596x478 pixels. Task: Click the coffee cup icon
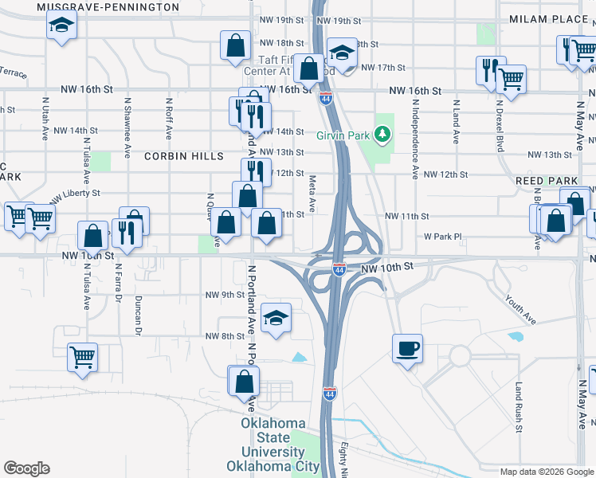click(407, 349)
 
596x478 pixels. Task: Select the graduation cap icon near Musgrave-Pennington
click(60, 25)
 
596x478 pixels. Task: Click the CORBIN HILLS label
click(184, 156)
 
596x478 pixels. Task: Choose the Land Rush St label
click(518, 406)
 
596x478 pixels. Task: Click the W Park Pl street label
click(443, 237)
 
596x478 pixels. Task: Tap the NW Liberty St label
click(75, 194)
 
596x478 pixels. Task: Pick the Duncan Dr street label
click(138, 315)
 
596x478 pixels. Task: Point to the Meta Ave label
click(312, 194)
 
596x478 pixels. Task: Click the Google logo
click(26, 468)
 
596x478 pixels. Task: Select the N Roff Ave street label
click(169, 119)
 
